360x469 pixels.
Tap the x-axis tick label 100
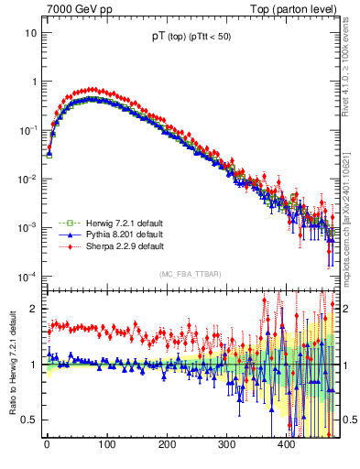click(x=106, y=444)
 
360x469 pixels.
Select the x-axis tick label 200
click(x=167, y=444)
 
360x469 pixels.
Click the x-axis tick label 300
click(x=226, y=444)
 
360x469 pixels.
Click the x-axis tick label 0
click(x=47, y=444)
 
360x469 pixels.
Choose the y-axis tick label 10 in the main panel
click(x=30, y=33)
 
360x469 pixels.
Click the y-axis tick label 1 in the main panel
click(x=34, y=82)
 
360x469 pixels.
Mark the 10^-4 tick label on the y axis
click(x=27, y=277)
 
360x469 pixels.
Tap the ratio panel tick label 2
click(x=34, y=309)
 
